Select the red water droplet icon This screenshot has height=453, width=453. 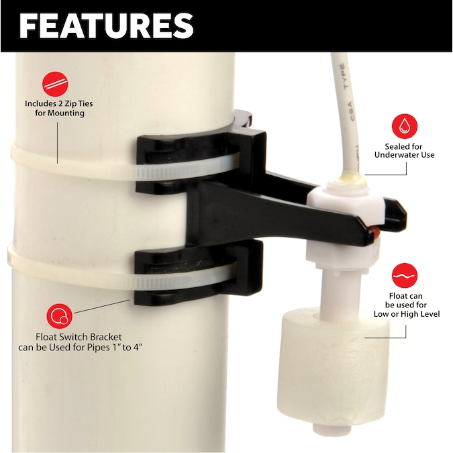coord(405,126)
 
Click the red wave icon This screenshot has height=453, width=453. coord(405,276)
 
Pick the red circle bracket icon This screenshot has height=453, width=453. coord(60,316)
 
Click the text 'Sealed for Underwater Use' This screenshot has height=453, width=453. coord(409,150)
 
